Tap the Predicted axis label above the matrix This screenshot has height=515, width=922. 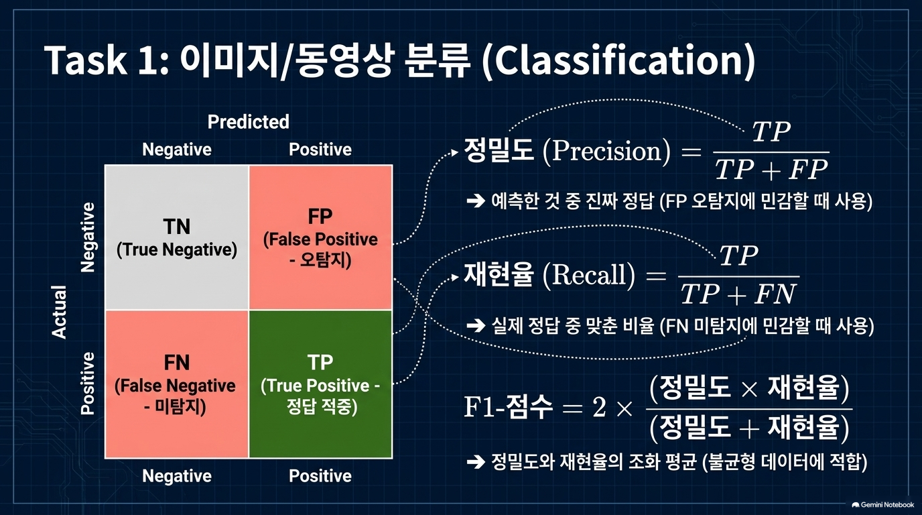tap(248, 121)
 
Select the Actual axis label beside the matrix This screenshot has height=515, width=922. tap(59, 312)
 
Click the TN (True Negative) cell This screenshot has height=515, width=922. tap(177, 237)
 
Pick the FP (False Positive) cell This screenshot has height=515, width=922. tap(321, 237)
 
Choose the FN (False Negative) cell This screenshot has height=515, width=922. tap(177, 384)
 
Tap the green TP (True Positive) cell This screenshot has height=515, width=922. tap(321, 384)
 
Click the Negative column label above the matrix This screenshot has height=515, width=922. tap(177, 149)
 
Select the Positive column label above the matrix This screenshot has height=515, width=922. tap(320, 149)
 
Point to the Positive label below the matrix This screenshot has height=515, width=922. tap(320, 476)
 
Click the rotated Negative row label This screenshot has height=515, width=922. tap(87, 237)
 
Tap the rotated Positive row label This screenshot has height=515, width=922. tap(87, 383)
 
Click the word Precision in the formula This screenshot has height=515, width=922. tap(606, 151)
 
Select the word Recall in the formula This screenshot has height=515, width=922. tap(589, 275)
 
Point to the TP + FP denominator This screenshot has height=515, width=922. tap(771, 170)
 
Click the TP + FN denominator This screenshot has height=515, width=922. tap(739, 294)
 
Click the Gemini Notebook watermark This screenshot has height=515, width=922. tap(883, 505)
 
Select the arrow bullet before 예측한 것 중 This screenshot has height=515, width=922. tap(476, 201)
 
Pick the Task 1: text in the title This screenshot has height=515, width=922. tap(107, 60)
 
